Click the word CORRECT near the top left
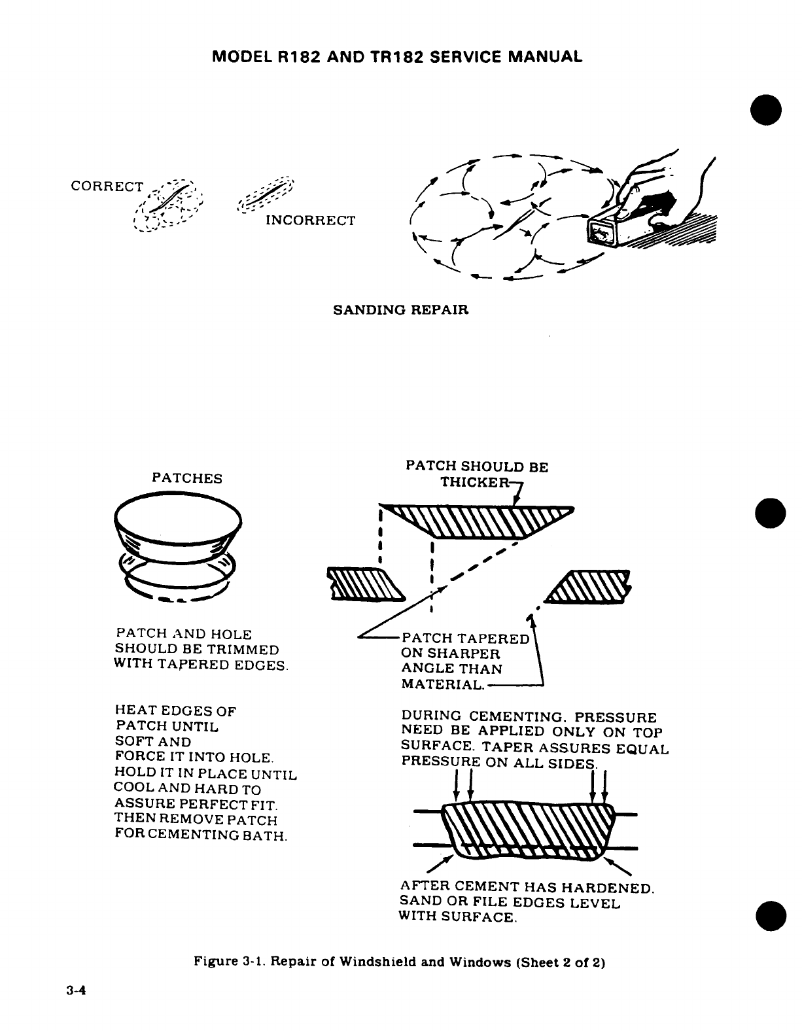[106, 186]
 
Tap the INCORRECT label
[310, 220]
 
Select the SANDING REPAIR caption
[401, 309]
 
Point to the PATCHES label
[186, 478]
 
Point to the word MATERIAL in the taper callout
[442, 685]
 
